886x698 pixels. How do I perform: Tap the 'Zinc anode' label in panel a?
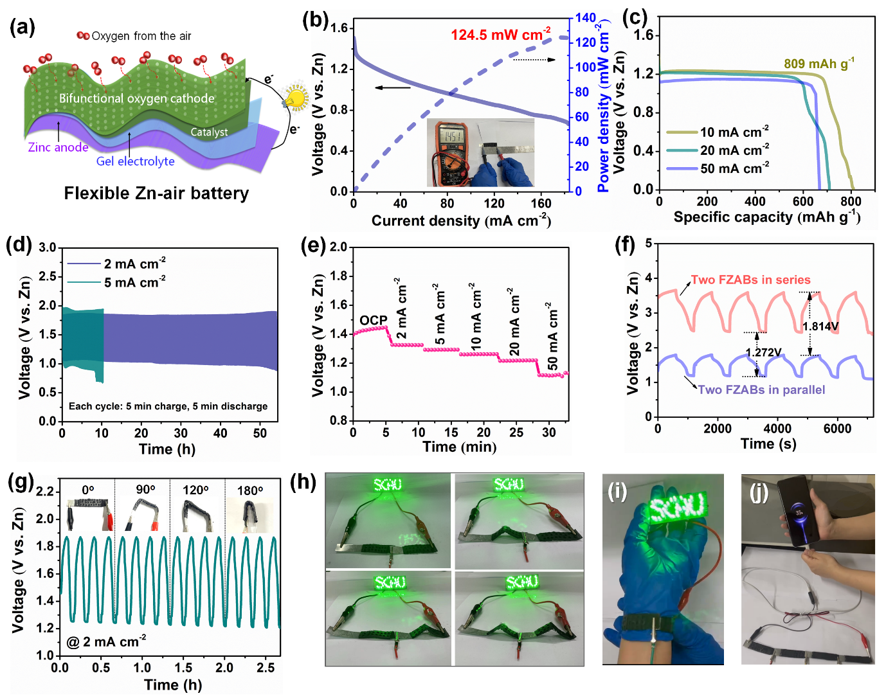point(59,147)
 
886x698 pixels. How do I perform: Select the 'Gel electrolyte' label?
point(135,161)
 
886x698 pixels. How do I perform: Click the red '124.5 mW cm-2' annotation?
point(500,34)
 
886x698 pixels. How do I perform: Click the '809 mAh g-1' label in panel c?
point(819,63)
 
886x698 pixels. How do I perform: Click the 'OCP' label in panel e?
point(373,320)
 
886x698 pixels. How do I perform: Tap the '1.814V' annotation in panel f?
point(820,327)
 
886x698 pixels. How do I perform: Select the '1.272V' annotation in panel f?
point(763,352)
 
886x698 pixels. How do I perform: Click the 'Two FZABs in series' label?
point(750,280)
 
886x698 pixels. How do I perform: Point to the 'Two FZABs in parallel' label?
point(761,389)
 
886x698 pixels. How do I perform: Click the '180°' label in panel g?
point(249,490)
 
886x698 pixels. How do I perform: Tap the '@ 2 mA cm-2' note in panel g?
point(106,641)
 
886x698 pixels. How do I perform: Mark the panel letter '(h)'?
point(303,482)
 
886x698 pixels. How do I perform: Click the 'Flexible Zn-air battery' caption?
point(156,193)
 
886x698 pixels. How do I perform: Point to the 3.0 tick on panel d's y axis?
point(47,247)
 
